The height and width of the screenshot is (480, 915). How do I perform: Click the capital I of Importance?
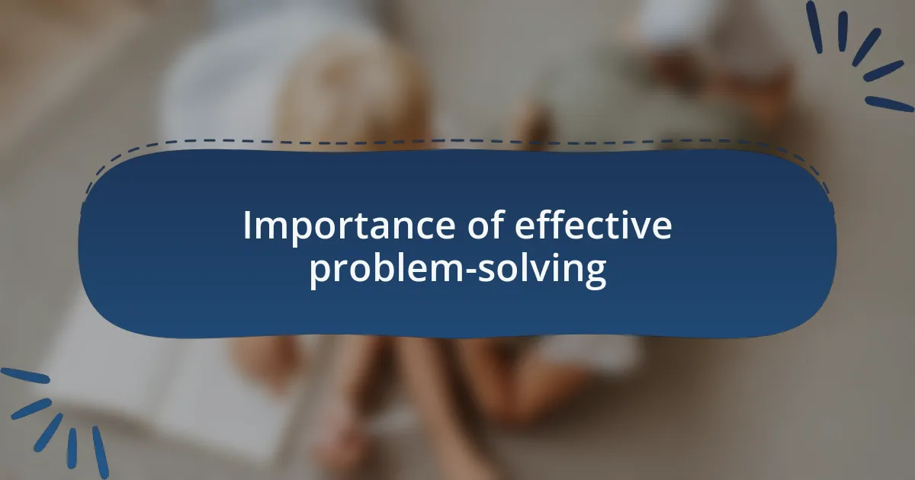pyautogui.click(x=247, y=226)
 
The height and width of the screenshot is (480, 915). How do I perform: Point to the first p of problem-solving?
pyautogui.click(x=319, y=274)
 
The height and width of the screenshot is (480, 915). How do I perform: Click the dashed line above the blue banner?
pyautogui.click(x=457, y=141)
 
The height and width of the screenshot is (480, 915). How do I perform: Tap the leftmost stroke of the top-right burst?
pyautogui.click(x=814, y=27)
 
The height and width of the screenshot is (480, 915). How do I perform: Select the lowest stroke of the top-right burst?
pyautogui.click(x=889, y=104)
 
